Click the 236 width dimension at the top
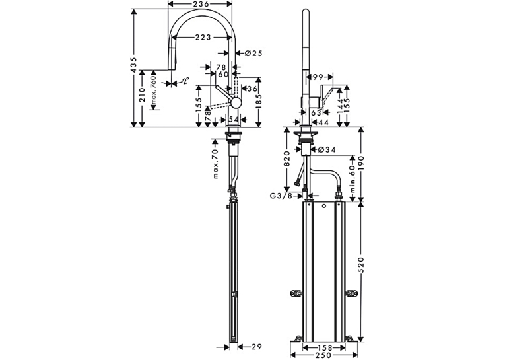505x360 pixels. [200, 4]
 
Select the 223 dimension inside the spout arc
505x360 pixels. [203, 38]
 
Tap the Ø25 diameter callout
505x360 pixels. [253, 54]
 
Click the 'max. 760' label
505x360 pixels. [153, 90]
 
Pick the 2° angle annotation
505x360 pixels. [185, 81]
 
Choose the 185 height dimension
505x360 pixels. [258, 102]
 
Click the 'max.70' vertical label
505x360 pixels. [215, 164]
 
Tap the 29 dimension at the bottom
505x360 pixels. [255, 347]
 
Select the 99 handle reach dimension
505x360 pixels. [318, 77]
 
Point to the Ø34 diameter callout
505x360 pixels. [327, 149]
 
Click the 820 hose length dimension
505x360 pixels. [287, 159]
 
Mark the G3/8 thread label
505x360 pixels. [281, 196]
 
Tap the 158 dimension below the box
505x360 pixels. [324, 348]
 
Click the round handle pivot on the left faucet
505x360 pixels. [236, 103]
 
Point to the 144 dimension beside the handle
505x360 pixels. [339, 105]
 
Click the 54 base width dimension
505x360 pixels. [234, 120]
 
